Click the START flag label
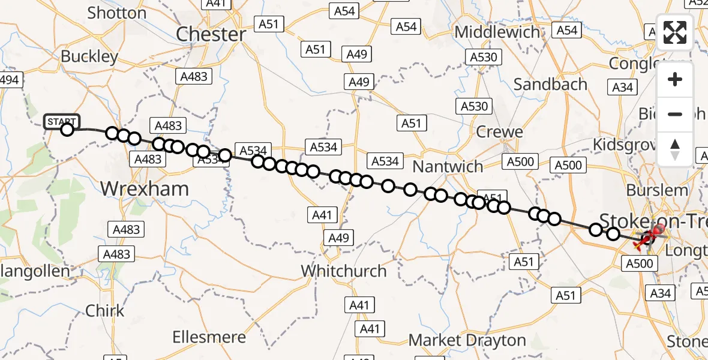coord(61,121)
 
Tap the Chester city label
coord(211,34)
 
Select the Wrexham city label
coord(144,188)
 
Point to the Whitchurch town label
coord(344,271)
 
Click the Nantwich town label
coord(448,166)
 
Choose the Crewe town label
coord(499,131)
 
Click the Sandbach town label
coord(550,84)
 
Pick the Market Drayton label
coord(467,340)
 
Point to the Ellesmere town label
coord(209,337)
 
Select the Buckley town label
coord(90,57)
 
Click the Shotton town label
coord(116,13)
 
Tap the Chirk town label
coord(105,310)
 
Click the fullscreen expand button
coord(675,32)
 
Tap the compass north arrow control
coord(675,149)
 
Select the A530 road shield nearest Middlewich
coord(483,57)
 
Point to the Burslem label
coord(657,190)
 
